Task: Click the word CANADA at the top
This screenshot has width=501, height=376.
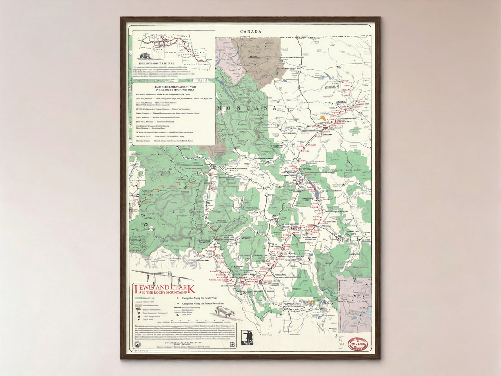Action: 251,32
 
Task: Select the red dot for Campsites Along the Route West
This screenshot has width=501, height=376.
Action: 178,298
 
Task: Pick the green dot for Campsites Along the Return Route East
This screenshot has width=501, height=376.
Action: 178,304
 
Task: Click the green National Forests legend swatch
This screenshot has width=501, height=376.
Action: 138,298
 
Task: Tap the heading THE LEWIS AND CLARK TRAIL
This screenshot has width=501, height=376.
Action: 155,64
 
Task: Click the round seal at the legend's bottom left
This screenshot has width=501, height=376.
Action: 136,344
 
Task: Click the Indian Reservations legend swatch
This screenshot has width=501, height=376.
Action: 138,306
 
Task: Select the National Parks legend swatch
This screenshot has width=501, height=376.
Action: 138,302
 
